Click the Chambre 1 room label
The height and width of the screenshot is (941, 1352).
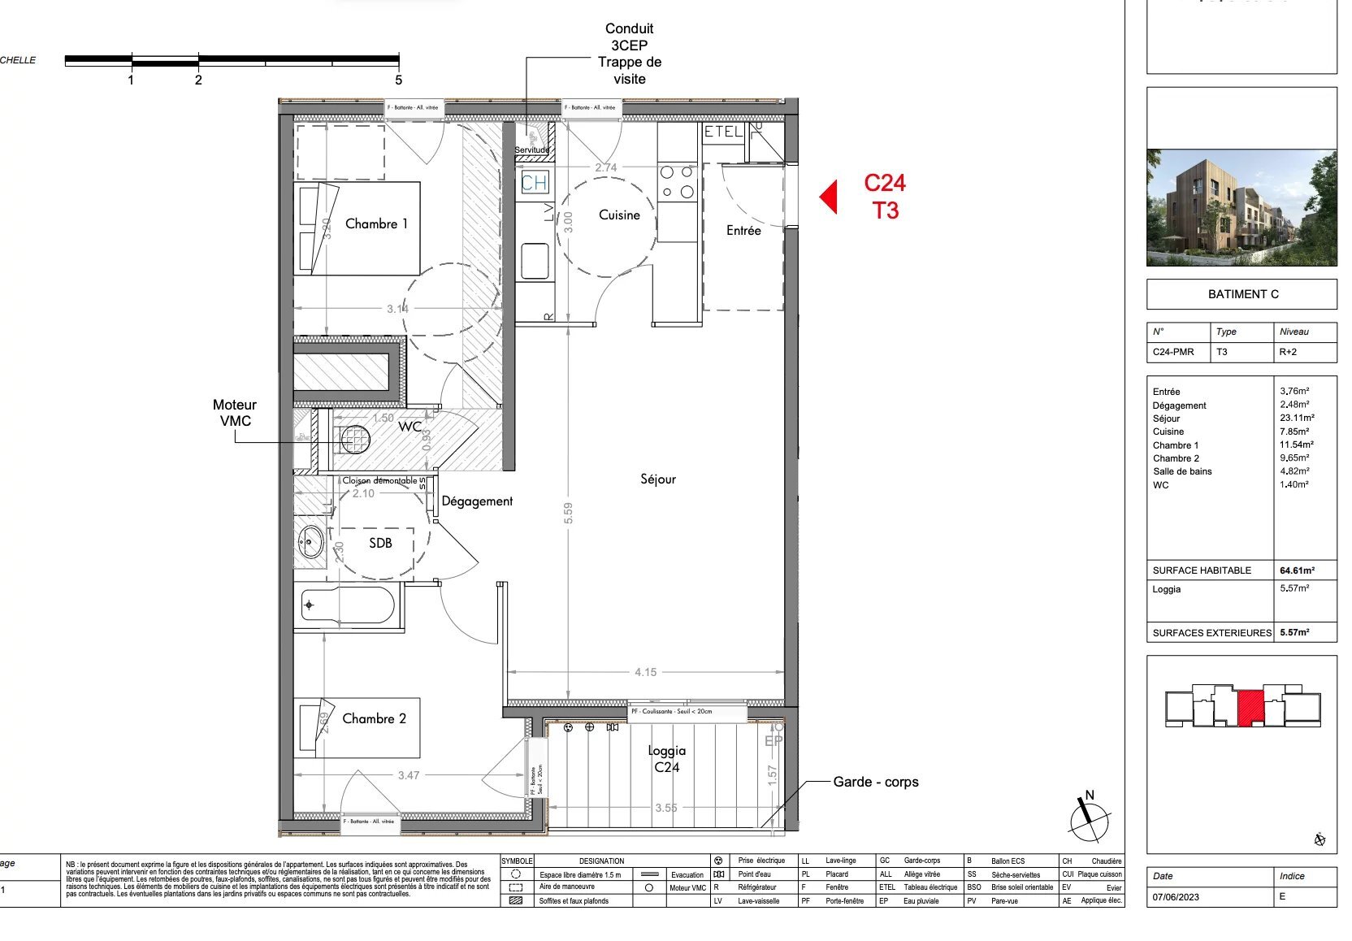coord(376,223)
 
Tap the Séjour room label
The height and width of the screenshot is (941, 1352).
coord(657,479)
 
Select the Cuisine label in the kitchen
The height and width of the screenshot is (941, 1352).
coord(619,215)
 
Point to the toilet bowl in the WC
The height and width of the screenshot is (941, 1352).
coord(354,440)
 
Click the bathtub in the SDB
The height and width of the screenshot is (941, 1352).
coord(348,605)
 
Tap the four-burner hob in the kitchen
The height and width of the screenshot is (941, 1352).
coord(677,182)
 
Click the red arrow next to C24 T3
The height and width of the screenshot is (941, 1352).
coord(829,197)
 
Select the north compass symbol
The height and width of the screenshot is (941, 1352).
coord(1089,818)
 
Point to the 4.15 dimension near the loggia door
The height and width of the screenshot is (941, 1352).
coord(646,672)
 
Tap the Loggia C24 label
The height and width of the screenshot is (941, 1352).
coord(666,759)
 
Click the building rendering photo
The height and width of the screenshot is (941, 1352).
coord(1241,207)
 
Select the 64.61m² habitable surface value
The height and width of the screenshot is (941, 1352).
coord(1297,570)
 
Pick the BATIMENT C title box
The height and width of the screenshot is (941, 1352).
coord(1241,294)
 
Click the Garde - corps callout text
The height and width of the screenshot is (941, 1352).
coord(875,782)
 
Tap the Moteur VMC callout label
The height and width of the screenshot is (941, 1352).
coord(235,413)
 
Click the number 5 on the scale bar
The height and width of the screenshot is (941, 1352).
coord(398,80)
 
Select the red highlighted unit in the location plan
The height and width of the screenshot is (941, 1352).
coord(1251,706)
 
